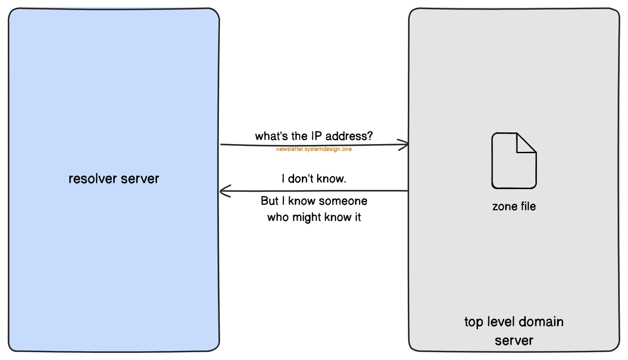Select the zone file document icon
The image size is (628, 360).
click(x=514, y=161)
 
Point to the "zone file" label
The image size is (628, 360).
click(x=514, y=206)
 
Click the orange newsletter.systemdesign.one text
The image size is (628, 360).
click(x=314, y=149)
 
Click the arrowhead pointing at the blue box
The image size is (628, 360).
click(x=224, y=191)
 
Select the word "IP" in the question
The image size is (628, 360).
click(x=315, y=136)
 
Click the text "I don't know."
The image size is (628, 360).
click(x=314, y=179)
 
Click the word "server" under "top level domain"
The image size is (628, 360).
click(x=514, y=341)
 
